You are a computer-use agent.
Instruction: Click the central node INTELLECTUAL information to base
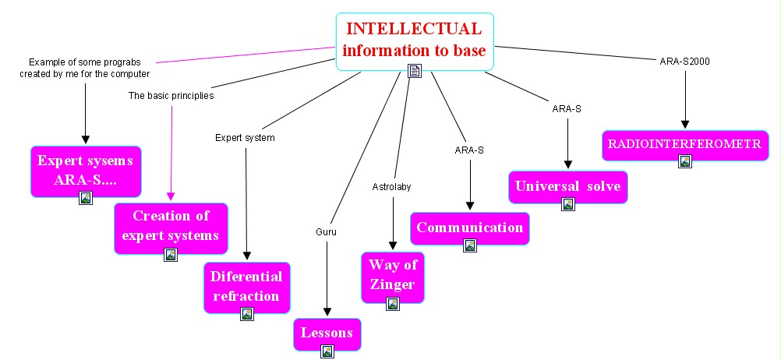pos(415,40)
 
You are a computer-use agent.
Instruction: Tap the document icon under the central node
pos(415,72)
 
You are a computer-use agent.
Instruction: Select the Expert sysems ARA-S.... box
pos(86,171)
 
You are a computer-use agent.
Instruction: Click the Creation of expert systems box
pos(171,225)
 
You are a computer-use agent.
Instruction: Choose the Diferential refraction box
pos(247,285)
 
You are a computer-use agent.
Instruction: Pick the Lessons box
pos(327,333)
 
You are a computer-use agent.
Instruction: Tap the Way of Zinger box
pos(393,274)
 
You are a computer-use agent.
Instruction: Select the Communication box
pos(469,228)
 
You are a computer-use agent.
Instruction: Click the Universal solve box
pos(568,186)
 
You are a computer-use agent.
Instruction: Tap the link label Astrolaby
pos(391,187)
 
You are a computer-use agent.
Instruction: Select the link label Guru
pos(326,231)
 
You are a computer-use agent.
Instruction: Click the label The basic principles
pos(171,96)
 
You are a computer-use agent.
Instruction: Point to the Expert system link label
pos(245,138)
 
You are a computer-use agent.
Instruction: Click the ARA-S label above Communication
pos(469,150)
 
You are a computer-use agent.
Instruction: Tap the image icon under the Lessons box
pos(327,351)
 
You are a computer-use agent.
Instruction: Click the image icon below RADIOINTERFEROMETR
pos(684,161)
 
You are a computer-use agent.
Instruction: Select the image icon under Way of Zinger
pos(393,304)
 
